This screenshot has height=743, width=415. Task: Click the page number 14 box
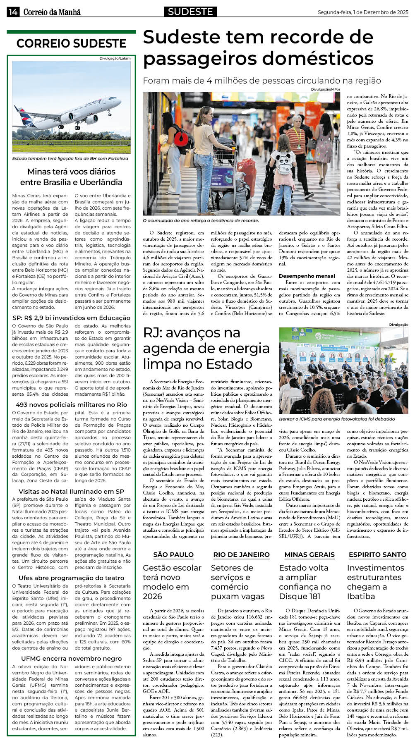pyautogui.click(x=12, y=12)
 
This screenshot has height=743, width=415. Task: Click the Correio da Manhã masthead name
pyautogui.click(x=52, y=12)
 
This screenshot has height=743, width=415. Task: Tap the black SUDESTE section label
pyautogui.click(x=190, y=12)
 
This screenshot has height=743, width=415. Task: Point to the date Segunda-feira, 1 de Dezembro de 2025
pyautogui.click(x=363, y=12)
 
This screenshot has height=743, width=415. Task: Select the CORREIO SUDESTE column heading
pyautogui.click(x=71, y=43)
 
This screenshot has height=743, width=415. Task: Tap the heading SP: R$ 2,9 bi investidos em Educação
pyautogui.click(x=71, y=318)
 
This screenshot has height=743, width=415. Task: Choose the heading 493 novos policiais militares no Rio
pyautogui.click(x=71, y=405)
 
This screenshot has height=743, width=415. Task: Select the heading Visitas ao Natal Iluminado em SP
pyautogui.click(x=71, y=492)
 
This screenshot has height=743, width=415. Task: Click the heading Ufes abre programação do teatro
pyautogui.click(x=71, y=578)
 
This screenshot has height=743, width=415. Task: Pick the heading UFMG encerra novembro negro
pyautogui.click(x=71, y=659)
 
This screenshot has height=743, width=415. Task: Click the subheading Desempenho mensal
pyautogui.click(x=307, y=276)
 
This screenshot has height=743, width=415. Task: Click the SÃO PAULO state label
pyautogui.click(x=173, y=555)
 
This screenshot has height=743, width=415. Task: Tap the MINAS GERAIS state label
pyautogui.click(x=309, y=555)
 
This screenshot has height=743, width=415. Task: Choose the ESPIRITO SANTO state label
pyautogui.click(x=377, y=555)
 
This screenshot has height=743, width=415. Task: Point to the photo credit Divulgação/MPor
pyautogui.click(x=325, y=89)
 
